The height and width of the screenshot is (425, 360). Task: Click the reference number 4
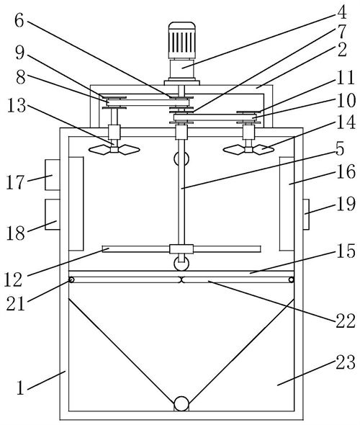342,12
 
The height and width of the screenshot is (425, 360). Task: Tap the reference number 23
346,362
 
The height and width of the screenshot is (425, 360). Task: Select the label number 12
13,279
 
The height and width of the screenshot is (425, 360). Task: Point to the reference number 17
15,182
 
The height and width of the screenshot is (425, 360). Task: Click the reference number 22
346,321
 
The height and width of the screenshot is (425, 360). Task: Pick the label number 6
19,21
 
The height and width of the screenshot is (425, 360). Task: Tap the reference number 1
21,388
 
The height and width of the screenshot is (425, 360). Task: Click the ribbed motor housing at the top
181,40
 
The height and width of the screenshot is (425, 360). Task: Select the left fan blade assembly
114,149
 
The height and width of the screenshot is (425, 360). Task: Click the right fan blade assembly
248,149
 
